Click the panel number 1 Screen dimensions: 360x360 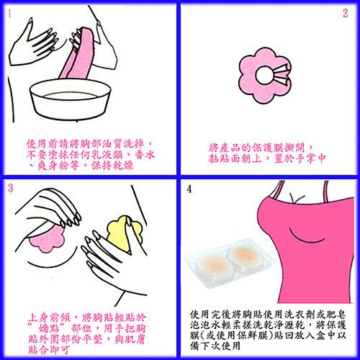(x=9, y=14)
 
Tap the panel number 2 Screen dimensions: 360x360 (x=345, y=14)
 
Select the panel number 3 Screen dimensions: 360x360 (x=10, y=188)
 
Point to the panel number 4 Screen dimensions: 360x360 (x=189, y=189)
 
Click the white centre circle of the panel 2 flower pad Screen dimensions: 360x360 (x=264, y=75)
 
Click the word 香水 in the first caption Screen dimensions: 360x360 (x=145, y=155)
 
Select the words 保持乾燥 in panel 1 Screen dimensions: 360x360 (x=112, y=166)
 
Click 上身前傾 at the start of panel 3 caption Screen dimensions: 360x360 (x=49, y=318)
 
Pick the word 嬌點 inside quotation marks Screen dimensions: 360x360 (x=50, y=328)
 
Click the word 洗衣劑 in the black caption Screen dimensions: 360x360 (x=300, y=314)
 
